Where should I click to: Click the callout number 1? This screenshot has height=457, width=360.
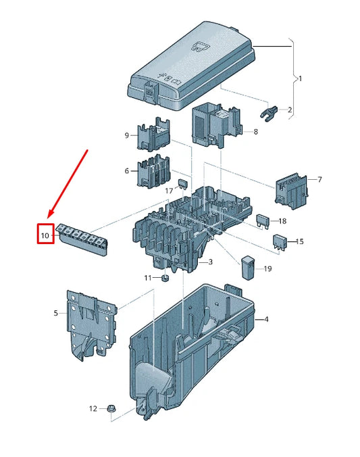click(300, 78)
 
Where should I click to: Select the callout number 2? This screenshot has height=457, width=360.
click(290, 110)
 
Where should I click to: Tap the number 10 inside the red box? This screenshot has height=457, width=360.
click(45, 235)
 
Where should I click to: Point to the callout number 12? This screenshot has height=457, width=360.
click(93, 408)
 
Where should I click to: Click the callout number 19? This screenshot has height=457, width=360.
click(267, 269)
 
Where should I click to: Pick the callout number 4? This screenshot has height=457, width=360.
click(266, 319)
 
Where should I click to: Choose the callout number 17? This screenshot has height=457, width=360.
click(170, 191)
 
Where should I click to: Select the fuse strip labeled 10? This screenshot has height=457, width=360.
click(82, 237)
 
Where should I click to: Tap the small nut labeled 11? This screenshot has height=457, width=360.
click(164, 278)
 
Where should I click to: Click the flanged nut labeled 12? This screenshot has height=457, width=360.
click(112, 408)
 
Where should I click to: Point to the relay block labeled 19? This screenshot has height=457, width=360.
click(248, 266)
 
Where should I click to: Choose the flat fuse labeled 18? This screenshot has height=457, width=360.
click(263, 220)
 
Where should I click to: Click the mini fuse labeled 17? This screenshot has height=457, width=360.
click(182, 185)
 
